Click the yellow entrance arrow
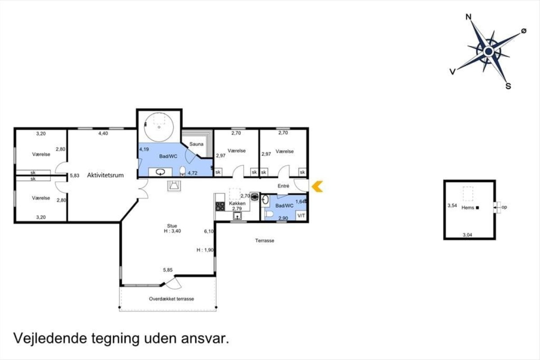click(317, 186)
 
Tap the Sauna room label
click(196, 144)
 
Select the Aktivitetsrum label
click(105, 175)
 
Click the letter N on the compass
click(468, 17)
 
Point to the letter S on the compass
click(508, 86)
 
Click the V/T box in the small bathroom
click(301, 215)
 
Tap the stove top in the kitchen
click(220, 207)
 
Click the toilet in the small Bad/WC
click(269, 214)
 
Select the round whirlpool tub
click(158, 127)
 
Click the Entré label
click(283, 186)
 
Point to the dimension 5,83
click(75, 175)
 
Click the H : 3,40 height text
click(172, 231)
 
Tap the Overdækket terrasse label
click(171, 299)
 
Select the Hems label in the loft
click(468, 207)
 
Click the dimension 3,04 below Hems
click(467, 234)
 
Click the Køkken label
click(237, 203)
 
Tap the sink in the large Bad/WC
click(160, 172)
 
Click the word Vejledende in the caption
click(50, 338)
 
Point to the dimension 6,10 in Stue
click(209, 231)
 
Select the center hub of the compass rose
click(488, 51)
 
